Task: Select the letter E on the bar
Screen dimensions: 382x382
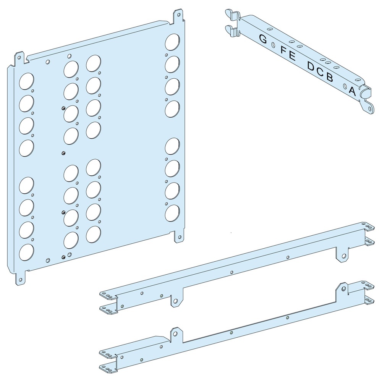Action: pyautogui.click(x=292, y=56)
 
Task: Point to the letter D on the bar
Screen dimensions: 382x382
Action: pyautogui.click(x=312, y=66)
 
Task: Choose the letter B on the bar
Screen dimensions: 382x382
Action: pyautogui.click(x=329, y=78)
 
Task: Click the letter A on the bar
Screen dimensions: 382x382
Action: pyautogui.click(x=352, y=91)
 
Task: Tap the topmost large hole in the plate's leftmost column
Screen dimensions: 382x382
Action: pyautogui.click(x=26, y=81)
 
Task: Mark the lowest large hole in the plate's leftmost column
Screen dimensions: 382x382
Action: pyautogui.click(x=26, y=252)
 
